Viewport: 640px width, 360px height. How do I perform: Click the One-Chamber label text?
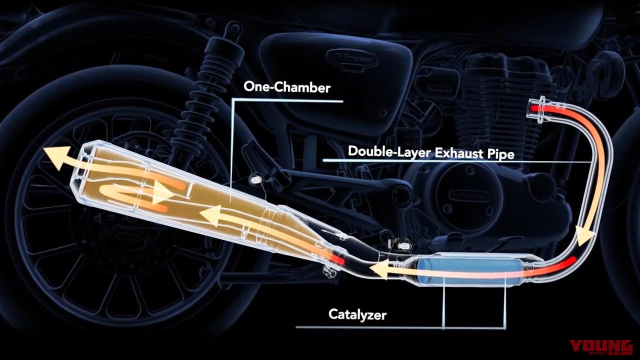[287, 87]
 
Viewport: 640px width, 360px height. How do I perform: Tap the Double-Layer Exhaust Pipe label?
[431, 152]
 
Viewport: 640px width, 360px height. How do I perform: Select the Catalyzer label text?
[357, 315]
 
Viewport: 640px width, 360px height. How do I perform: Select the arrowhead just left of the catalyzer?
[379, 269]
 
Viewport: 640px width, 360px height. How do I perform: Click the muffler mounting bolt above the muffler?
[254, 179]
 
